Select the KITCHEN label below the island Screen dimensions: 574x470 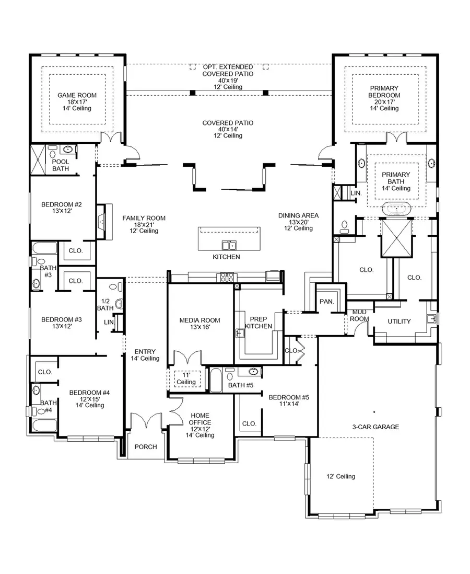coord(226,257)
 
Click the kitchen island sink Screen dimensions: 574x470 coord(228,245)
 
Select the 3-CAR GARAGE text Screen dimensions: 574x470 coord(375,427)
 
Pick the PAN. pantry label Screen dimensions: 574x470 coord(326,302)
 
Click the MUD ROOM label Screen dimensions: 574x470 coord(359,315)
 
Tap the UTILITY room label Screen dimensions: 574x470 coord(399,322)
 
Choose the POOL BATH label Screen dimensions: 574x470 coord(61,165)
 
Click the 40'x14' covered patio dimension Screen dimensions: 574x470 coord(228,130)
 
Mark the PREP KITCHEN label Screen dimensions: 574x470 coord(259,323)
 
